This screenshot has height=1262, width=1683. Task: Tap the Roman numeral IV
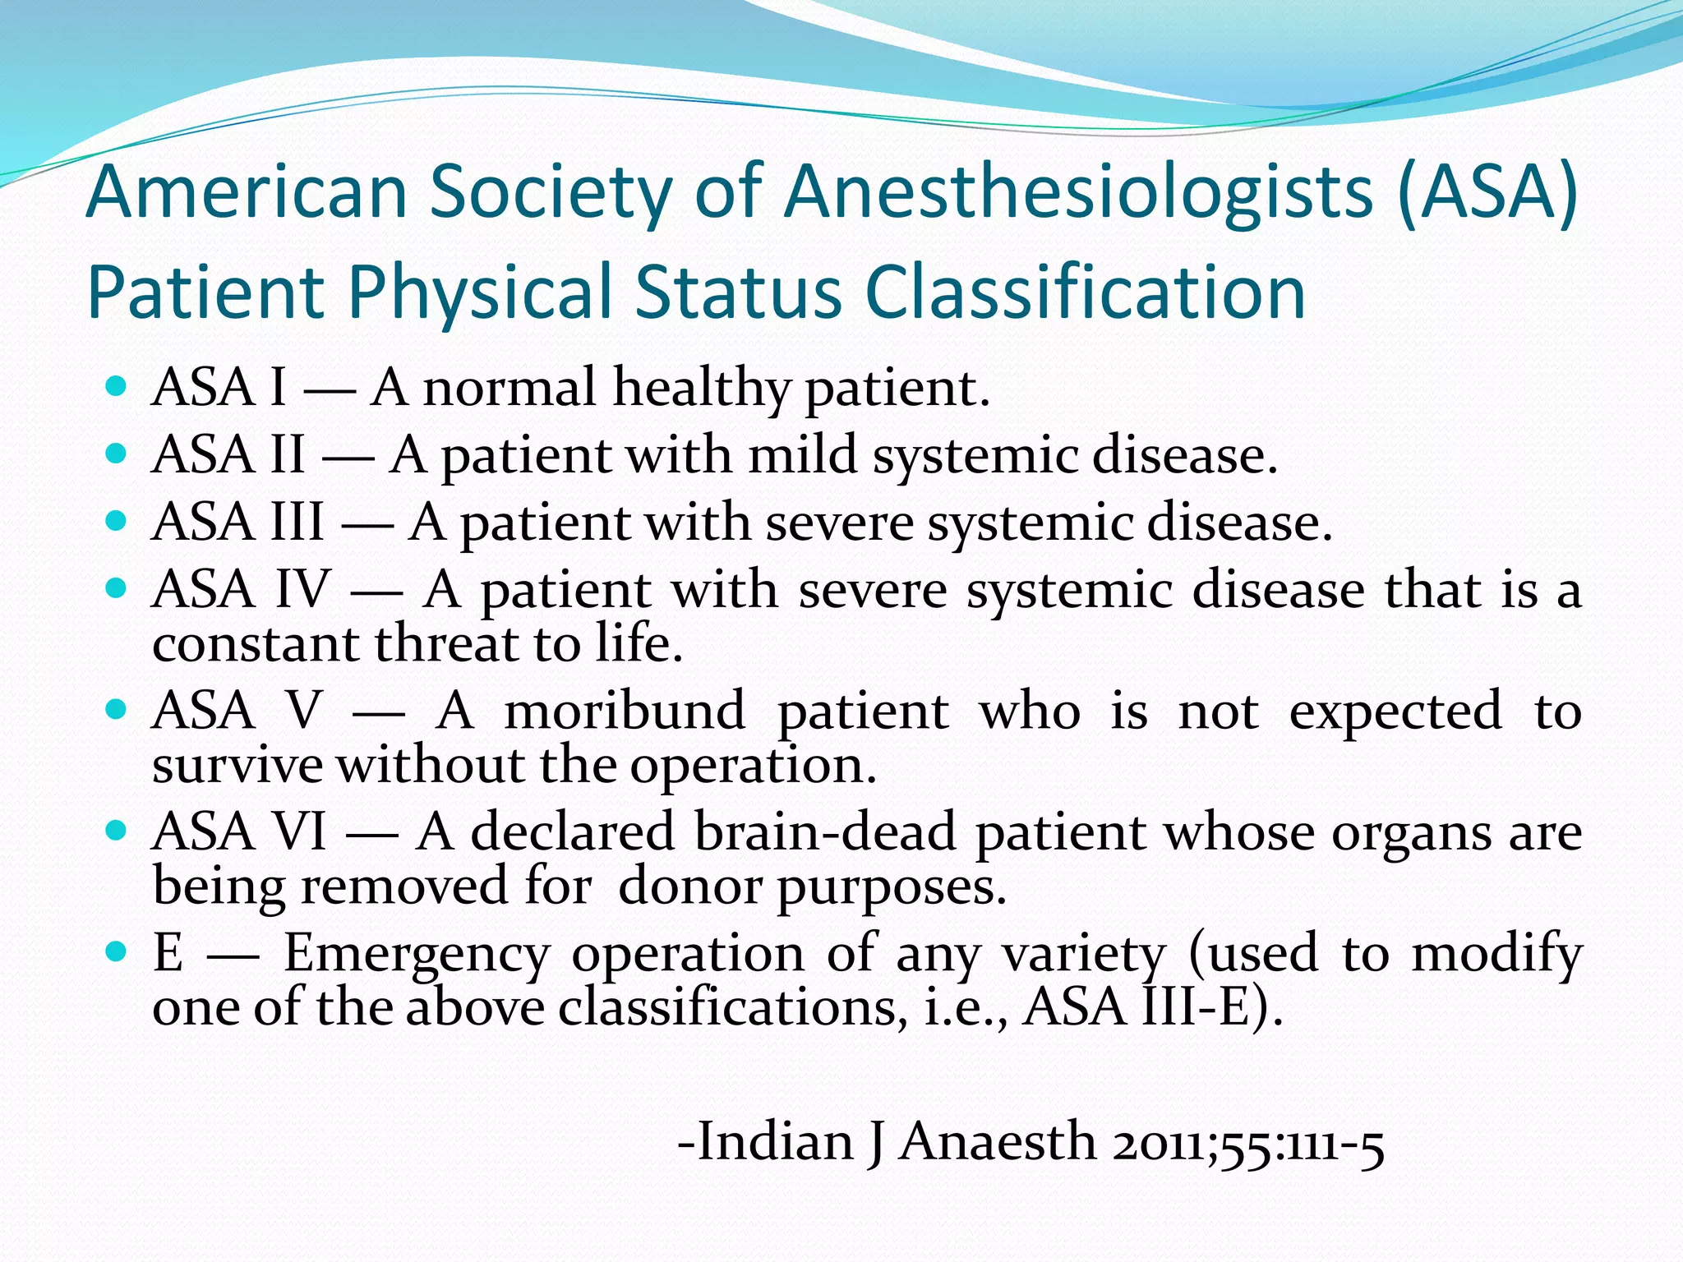click(x=302, y=589)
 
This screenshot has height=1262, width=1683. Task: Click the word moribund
click(x=625, y=711)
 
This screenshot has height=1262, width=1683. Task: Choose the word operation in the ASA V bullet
click(x=753, y=767)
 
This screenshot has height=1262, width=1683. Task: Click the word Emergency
click(x=417, y=955)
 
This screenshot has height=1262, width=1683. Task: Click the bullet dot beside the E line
click(x=117, y=952)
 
